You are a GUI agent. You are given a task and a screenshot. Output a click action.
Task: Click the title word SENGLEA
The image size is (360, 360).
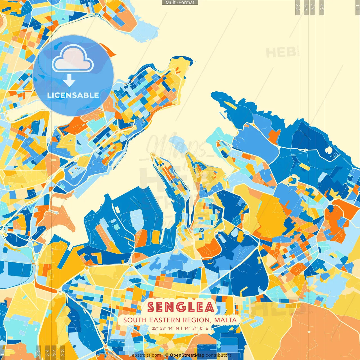181,307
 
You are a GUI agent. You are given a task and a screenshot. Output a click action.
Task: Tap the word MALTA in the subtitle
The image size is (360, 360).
225,320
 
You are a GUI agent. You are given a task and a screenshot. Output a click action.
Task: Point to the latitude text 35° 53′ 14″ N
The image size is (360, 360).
165,328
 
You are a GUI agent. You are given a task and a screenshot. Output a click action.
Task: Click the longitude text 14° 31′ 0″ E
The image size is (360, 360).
196,328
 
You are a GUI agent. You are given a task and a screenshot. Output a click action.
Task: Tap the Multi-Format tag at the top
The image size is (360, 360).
180,3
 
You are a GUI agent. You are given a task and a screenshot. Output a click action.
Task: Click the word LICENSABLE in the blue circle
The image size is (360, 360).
73,95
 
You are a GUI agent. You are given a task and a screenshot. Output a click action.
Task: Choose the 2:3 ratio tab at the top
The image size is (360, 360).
298,7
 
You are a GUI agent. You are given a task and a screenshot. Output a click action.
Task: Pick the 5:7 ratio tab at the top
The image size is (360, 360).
306,7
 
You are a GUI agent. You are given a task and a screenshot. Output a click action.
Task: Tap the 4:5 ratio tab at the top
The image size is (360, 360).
322,7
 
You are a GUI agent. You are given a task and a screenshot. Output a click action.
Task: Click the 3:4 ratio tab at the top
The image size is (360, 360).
313,7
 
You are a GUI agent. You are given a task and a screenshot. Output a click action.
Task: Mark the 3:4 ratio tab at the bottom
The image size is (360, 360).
47,352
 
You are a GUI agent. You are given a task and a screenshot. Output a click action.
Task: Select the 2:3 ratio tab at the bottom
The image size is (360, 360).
62,352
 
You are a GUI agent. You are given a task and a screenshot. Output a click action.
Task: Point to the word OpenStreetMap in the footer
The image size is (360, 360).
187,355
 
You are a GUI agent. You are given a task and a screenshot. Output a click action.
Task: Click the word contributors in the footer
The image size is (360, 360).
219,355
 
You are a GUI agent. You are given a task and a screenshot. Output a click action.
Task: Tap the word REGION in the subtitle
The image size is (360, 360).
196,320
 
